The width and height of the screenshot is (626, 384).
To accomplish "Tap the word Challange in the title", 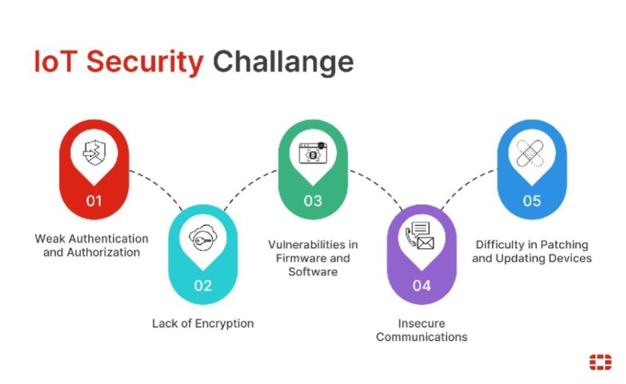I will point(283,62).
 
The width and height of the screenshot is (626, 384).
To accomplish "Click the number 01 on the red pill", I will point(94,201).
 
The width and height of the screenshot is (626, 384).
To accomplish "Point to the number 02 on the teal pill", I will point(203,286).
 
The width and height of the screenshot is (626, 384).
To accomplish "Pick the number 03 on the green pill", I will point(312,201).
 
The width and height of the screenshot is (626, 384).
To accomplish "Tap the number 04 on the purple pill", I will point(422,286).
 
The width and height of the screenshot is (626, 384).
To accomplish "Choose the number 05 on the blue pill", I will point(531,201).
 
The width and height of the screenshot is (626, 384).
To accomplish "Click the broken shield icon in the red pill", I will point(94,153).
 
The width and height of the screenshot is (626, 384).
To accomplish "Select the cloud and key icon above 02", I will point(203,238).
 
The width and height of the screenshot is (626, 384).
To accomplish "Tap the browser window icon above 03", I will point(312,153).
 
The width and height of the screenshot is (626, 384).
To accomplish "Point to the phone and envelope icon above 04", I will point(422,238).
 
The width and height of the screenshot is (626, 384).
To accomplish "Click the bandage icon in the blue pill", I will point(531,153).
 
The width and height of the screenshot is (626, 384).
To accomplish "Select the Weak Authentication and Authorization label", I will point(92,245).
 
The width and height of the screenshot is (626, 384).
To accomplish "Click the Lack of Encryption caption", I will point(203,323).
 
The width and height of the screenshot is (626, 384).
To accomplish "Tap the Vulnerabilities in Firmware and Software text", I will point(313,257).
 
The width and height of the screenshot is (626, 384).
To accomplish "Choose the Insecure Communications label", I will point(422,330).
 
